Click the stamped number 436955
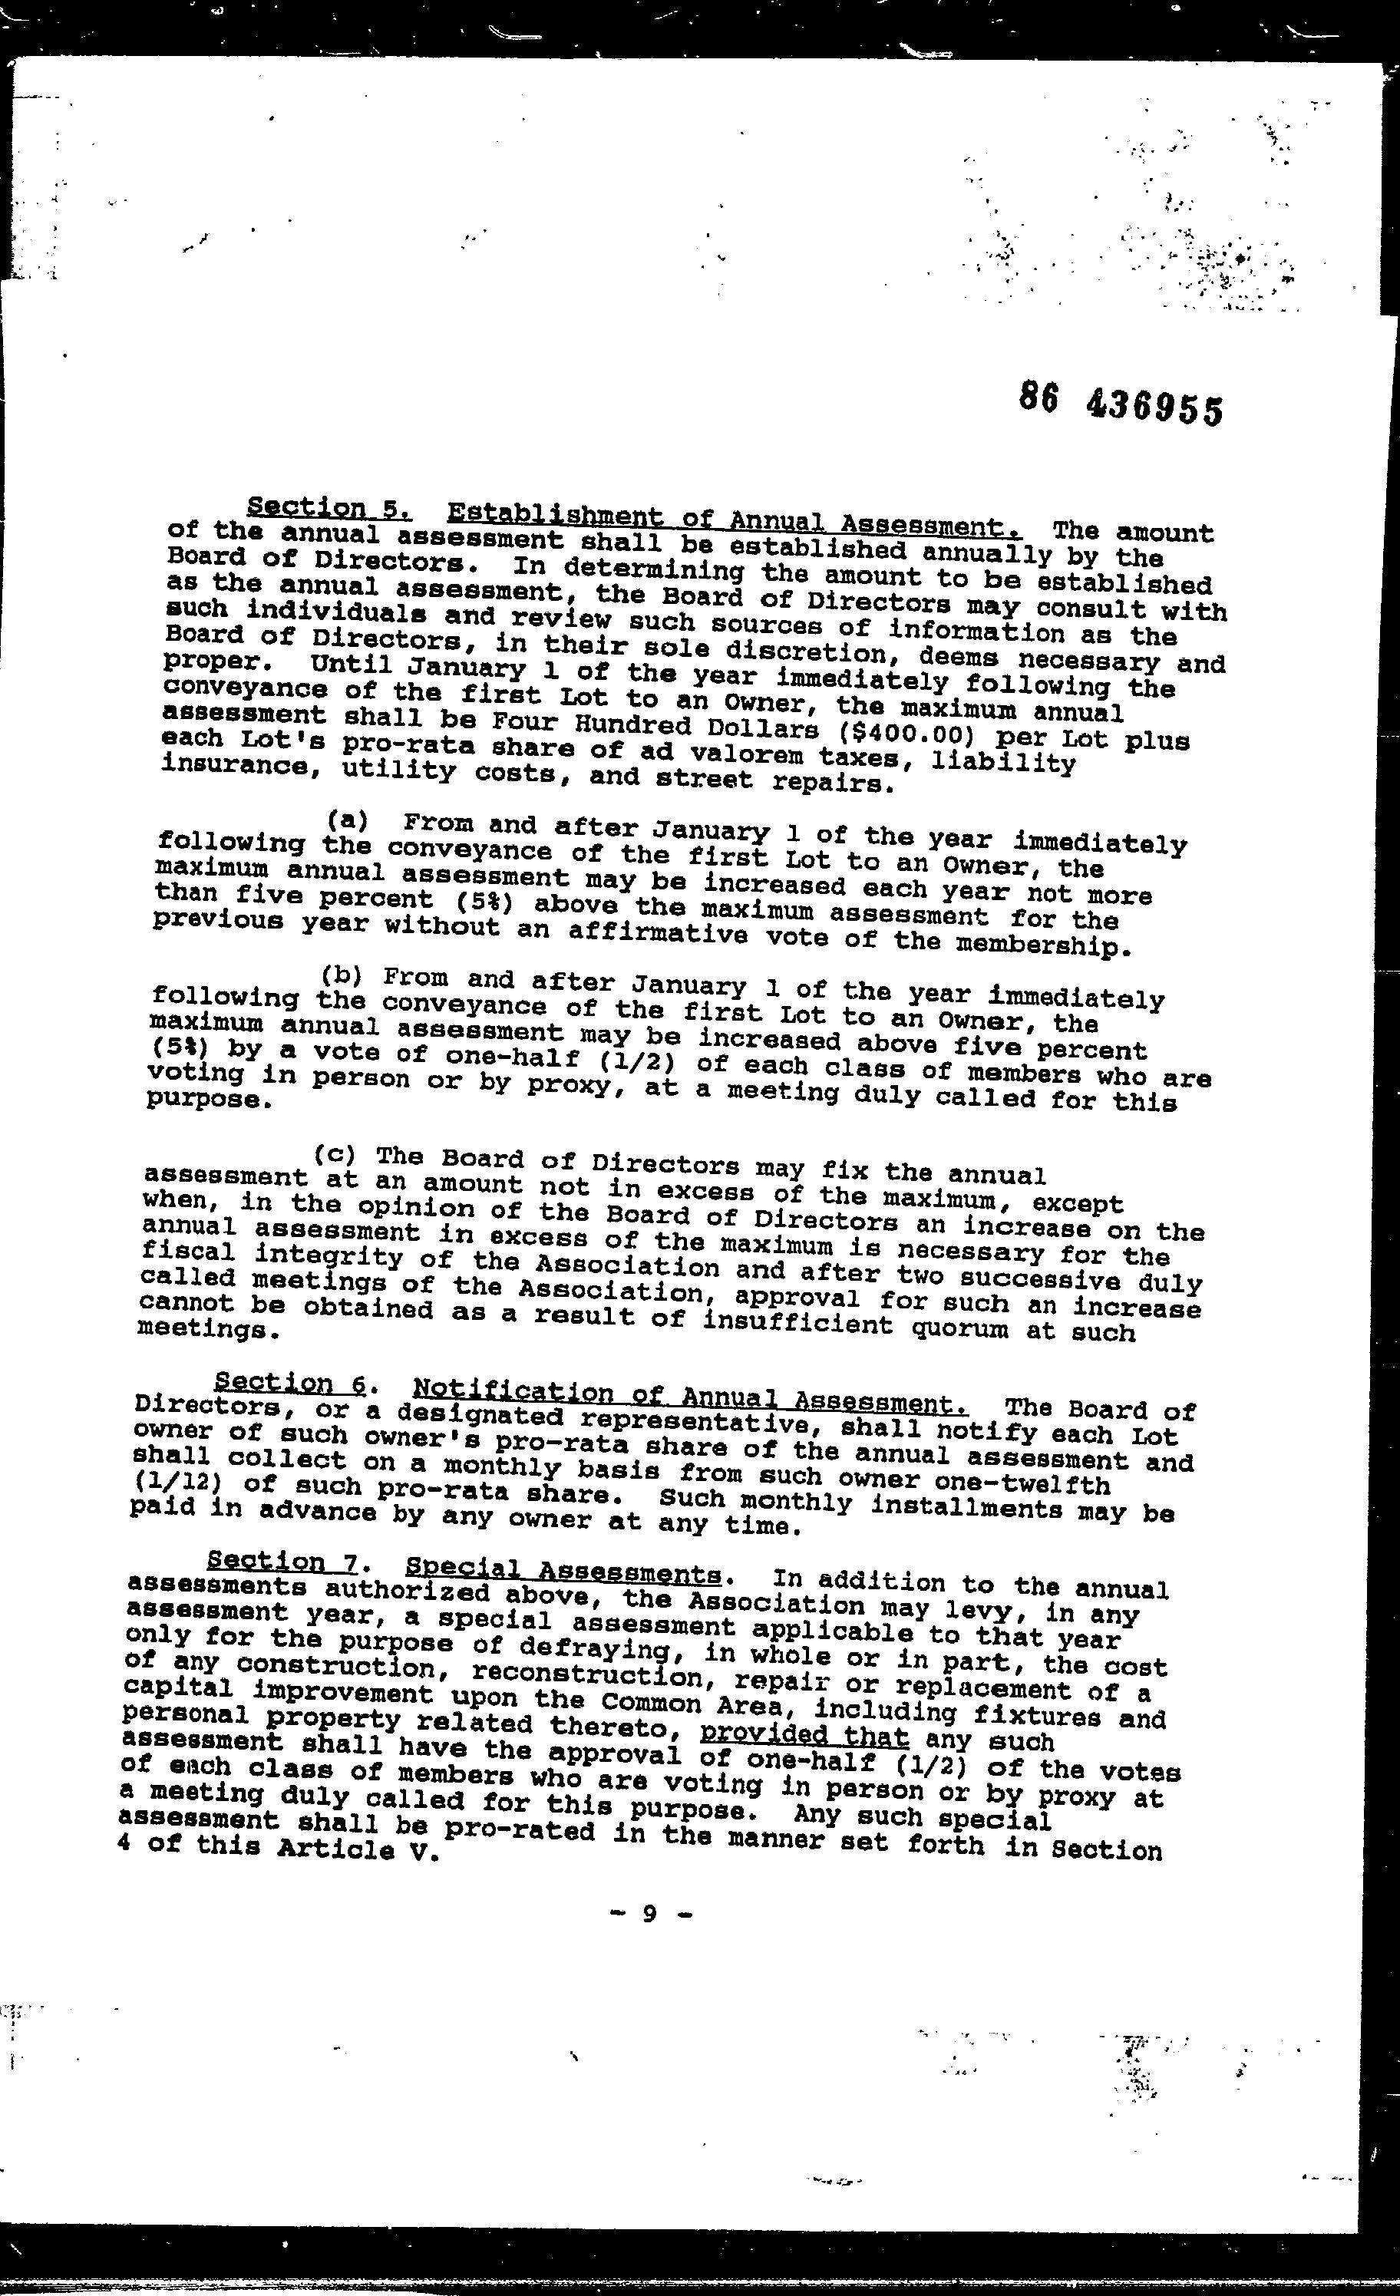point(1153,409)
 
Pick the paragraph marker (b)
point(340,975)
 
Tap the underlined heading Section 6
point(291,1383)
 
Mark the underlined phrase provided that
point(804,1735)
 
